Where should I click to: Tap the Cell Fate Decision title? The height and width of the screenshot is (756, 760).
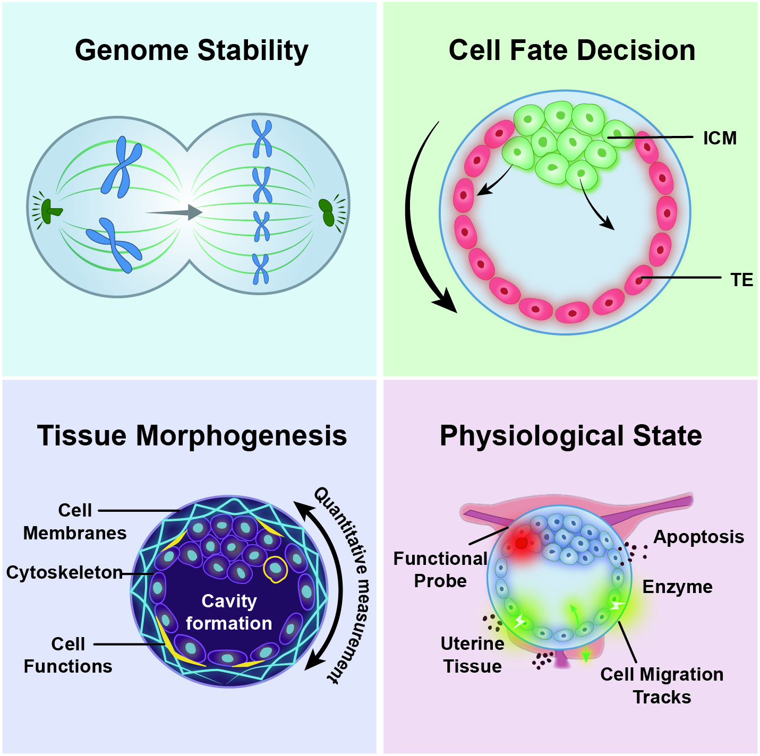coord(572,50)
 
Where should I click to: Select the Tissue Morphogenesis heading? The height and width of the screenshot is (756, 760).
coord(192,436)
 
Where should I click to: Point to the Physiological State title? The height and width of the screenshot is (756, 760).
coord(571,436)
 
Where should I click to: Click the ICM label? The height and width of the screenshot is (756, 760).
coord(720,138)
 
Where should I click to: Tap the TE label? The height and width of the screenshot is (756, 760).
coord(742,280)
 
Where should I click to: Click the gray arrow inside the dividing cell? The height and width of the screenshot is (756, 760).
coord(174,212)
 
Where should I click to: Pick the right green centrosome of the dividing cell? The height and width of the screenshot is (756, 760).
coord(327,212)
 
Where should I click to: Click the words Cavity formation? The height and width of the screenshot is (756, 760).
coord(229,613)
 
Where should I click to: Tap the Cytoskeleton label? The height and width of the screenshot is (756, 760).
coord(65,573)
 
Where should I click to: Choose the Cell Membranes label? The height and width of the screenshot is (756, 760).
coord(75,522)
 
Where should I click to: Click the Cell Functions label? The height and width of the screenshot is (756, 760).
coord(68,655)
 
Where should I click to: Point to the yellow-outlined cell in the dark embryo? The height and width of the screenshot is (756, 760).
coord(276,569)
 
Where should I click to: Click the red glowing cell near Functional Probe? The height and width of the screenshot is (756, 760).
coord(522,543)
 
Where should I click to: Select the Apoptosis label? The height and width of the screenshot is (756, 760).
coord(699,537)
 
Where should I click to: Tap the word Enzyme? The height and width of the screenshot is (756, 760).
coord(678,587)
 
